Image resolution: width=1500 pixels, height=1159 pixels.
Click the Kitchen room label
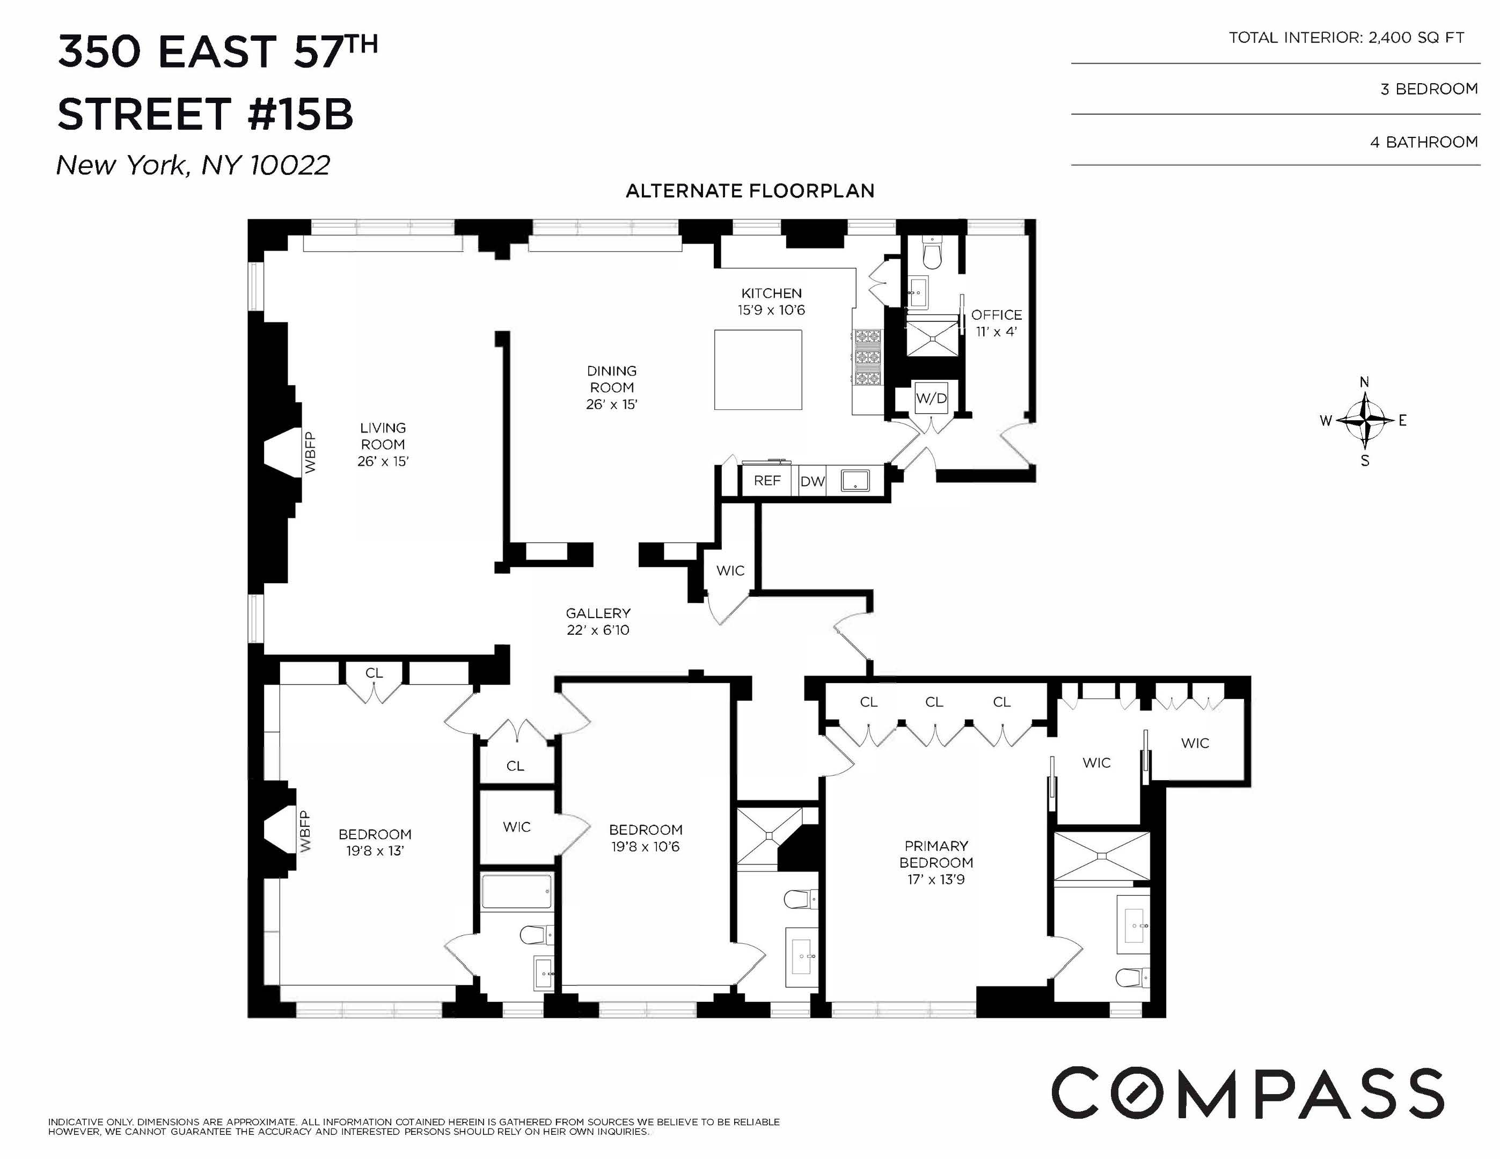point(771,293)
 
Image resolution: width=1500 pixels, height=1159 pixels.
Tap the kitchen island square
point(758,370)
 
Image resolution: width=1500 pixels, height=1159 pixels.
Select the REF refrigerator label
point(766,481)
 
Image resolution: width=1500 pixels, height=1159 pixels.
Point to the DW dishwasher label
point(812,481)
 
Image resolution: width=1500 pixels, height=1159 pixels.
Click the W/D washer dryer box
point(931,398)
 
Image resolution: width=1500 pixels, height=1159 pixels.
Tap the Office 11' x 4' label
point(996,322)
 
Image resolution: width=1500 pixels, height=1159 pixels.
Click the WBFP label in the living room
point(310,452)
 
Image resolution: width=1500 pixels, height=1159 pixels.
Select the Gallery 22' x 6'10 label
point(597,621)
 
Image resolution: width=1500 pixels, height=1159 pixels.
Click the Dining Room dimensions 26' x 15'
point(611,405)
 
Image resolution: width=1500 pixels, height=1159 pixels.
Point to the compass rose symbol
point(1364,420)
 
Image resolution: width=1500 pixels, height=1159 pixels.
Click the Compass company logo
point(1247,1092)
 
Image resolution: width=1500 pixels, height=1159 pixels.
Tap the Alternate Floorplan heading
point(750,191)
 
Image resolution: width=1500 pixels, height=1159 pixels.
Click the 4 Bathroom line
point(1423,142)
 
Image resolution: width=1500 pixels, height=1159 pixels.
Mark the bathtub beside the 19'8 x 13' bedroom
point(516,891)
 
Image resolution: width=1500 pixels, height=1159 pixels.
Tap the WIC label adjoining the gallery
point(729,570)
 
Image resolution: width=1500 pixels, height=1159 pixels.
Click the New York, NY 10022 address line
point(193,165)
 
